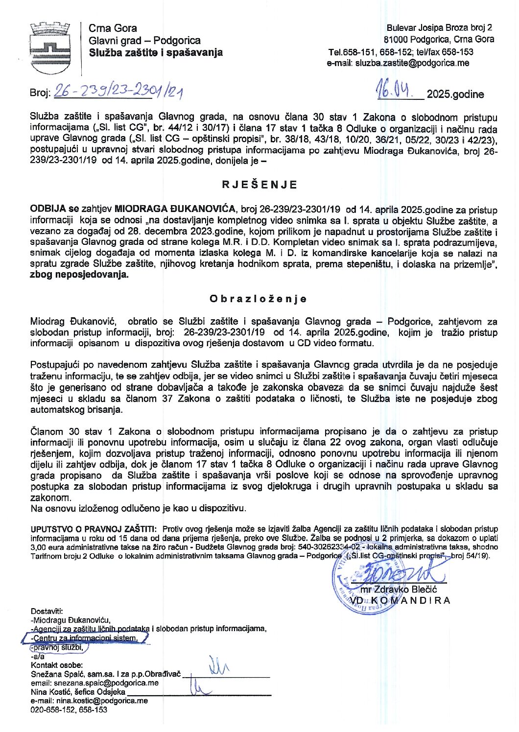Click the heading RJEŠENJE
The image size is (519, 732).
(x=259, y=185)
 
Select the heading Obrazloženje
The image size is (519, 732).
(x=258, y=299)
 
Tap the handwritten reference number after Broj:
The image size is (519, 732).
(x=118, y=91)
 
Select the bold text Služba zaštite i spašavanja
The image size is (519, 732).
(x=155, y=52)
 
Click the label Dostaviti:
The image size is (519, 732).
(x=47, y=611)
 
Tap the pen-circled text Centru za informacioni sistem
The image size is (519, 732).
(x=85, y=638)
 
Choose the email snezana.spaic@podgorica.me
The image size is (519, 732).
(x=94, y=683)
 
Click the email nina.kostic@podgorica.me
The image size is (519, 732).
(x=89, y=701)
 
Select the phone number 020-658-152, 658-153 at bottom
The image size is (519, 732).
(x=69, y=709)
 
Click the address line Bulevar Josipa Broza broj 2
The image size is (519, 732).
(x=439, y=28)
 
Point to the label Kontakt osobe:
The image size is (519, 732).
(x=57, y=665)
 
